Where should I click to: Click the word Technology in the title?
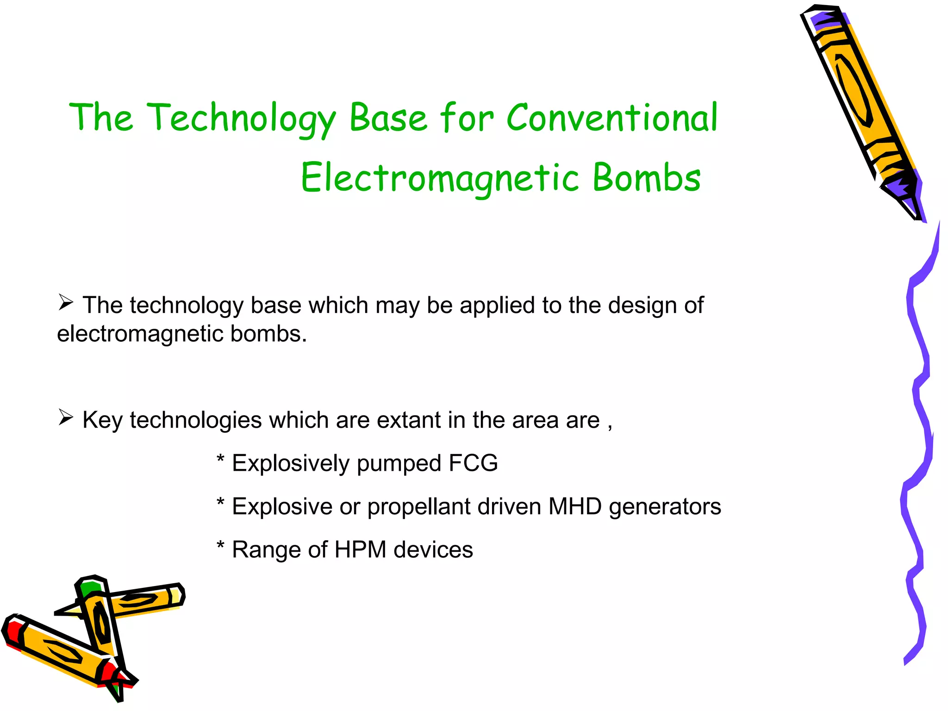click(x=241, y=118)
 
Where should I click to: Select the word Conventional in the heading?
click(x=612, y=118)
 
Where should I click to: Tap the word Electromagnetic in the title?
click(x=440, y=178)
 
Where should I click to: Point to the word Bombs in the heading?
click(x=647, y=178)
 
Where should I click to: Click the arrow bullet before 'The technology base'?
click(x=66, y=303)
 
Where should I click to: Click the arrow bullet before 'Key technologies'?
click(x=66, y=418)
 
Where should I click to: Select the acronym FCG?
click(x=473, y=463)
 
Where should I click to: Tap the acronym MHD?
click(x=575, y=506)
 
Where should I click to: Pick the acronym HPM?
click(x=360, y=549)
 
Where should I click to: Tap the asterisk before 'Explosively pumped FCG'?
click(x=221, y=460)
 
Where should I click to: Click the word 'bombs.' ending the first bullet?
click(x=268, y=334)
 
